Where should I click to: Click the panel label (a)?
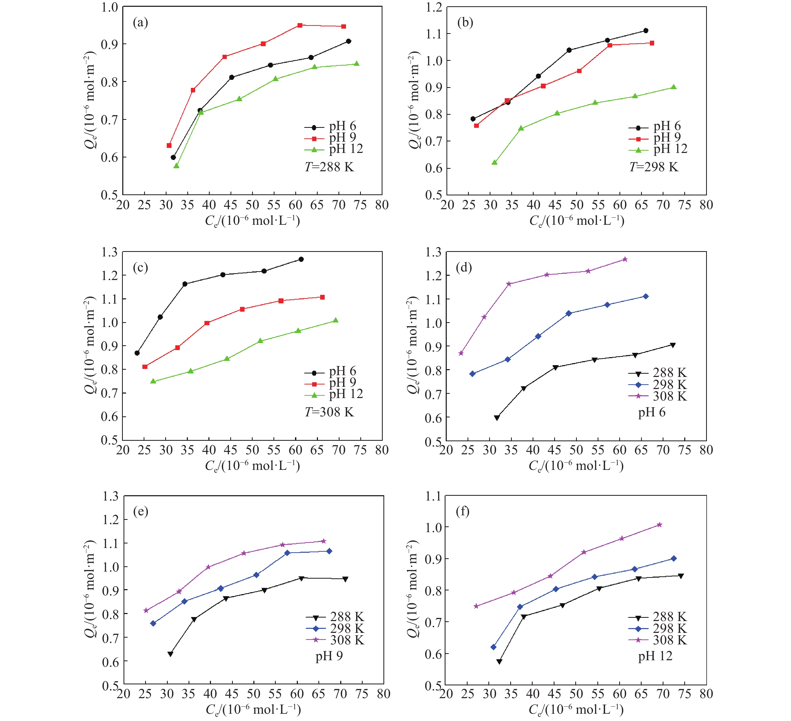(x=140, y=23)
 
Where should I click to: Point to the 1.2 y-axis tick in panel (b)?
(x=434, y=7)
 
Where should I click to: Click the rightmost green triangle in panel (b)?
(x=673, y=87)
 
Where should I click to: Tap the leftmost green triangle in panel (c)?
(x=153, y=381)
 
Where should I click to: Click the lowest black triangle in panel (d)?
(x=497, y=418)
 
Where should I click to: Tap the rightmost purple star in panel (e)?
(x=324, y=541)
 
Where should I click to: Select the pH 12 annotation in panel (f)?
(x=655, y=656)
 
